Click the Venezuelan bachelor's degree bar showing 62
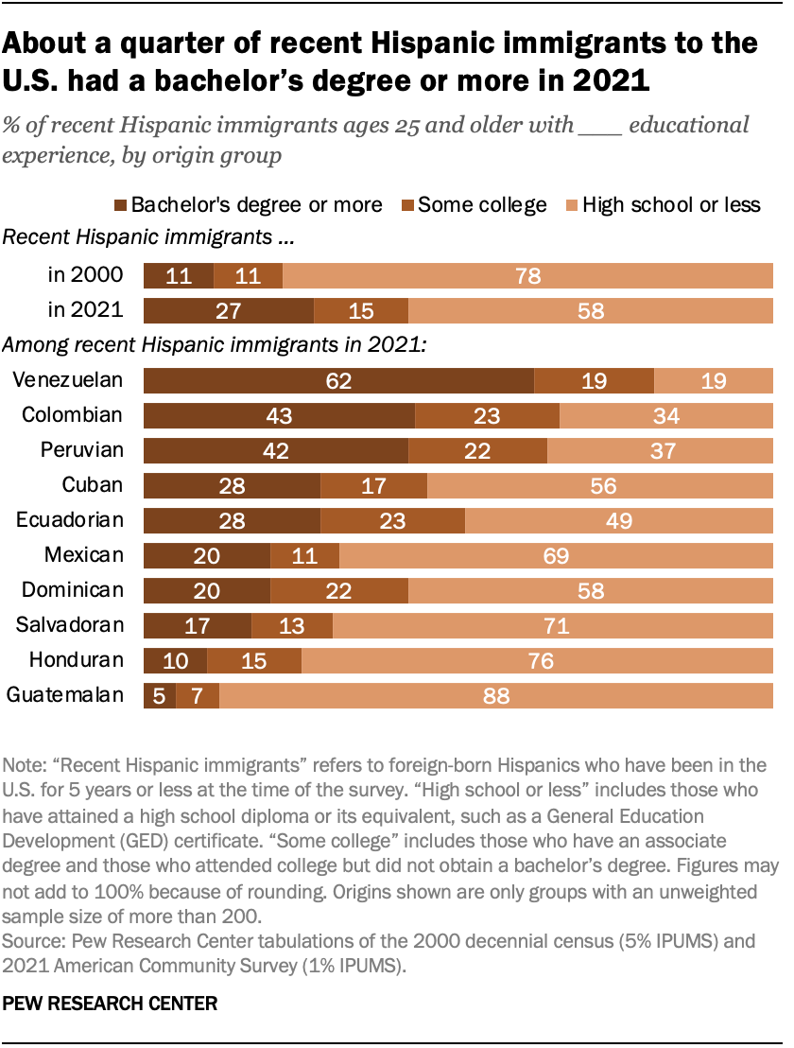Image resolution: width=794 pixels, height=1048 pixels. [x=338, y=381]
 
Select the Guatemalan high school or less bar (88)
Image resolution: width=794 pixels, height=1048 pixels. [x=495, y=696]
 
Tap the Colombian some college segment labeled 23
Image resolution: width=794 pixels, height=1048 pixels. [x=487, y=416]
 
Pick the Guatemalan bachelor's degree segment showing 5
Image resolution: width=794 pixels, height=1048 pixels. [x=159, y=696]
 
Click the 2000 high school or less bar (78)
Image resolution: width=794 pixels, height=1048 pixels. [x=528, y=276]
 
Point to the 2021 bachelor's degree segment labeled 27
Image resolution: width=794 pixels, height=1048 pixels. [x=228, y=311]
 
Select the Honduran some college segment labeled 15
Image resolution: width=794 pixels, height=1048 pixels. [x=254, y=661]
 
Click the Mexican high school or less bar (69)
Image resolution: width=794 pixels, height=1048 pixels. [x=556, y=556]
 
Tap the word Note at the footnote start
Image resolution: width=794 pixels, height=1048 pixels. [x=24, y=762]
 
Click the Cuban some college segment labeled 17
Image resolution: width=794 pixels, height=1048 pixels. [x=374, y=486]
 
